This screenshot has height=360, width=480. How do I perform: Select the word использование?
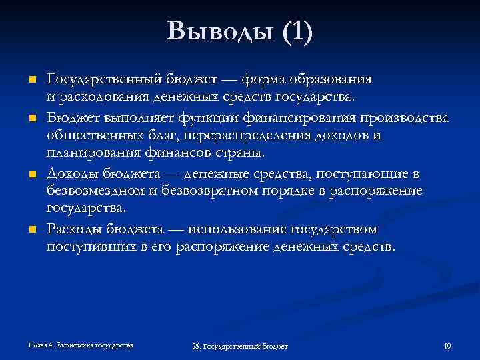point(237,229)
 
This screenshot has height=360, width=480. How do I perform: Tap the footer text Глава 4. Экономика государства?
point(81,345)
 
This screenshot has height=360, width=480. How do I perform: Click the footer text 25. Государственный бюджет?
point(239,347)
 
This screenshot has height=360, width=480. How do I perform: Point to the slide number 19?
point(447,346)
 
